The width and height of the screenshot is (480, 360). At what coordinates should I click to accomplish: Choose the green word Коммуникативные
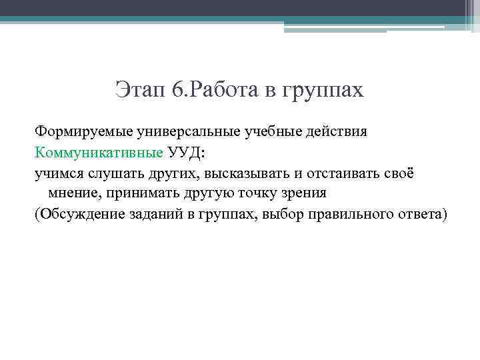tap(99, 152)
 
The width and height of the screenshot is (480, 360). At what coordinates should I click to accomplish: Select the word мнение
tap(73, 194)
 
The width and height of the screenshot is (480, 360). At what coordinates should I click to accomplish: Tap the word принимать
tap(138, 194)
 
